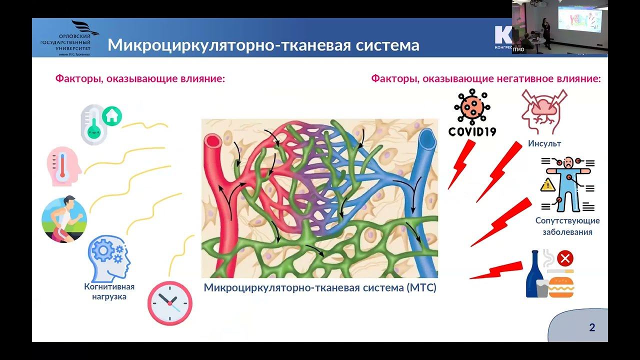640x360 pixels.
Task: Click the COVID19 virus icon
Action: [x=472, y=107]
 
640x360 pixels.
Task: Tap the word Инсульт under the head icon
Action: [x=544, y=143]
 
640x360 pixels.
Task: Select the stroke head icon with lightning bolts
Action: [x=544, y=112]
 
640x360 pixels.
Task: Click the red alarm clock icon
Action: [x=169, y=303]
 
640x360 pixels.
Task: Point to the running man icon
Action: [x=64, y=219]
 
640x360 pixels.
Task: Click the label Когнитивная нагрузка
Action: [x=109, y=291]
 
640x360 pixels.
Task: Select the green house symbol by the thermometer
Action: [x=112, y=116]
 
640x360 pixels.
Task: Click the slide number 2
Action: [x=592, y=328]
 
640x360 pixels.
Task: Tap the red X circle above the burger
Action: [x=565, y=258]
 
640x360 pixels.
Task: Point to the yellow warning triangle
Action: [x=548, y=185]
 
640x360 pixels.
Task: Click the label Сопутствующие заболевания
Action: [x=567, y=226]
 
